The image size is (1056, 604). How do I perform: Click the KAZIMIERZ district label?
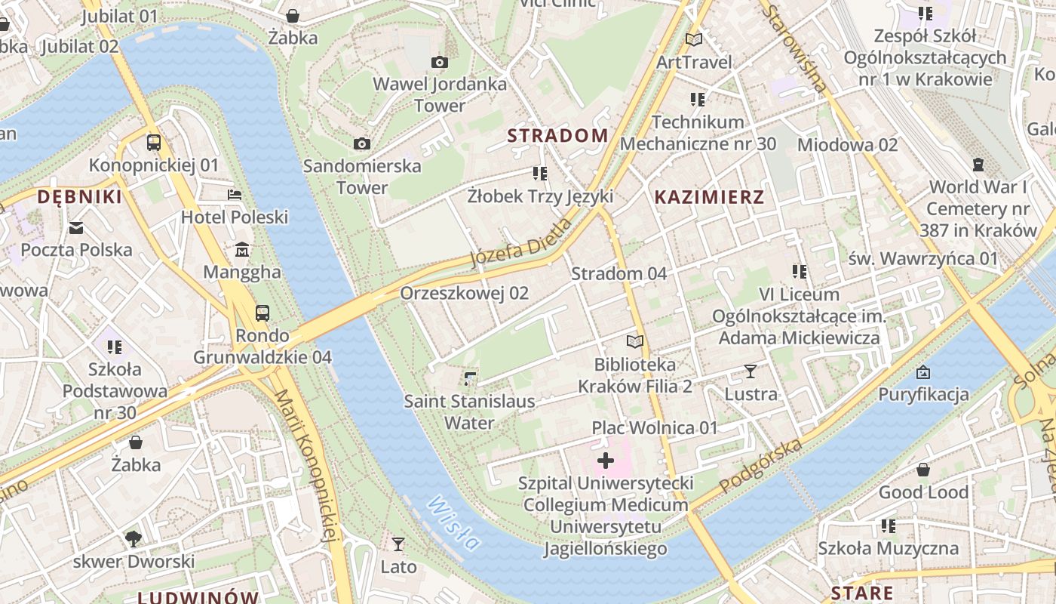click(x=709, y=198)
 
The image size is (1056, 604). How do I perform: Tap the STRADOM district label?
click(x=557, y=136)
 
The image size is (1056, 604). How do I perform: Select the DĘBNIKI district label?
click(x=79, y=197)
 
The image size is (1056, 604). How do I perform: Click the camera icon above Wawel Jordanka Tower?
click(x=440, y=62)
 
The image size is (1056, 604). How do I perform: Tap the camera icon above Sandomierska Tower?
click(x=362, y=143)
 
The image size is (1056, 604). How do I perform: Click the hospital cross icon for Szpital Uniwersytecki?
click(x=606, y=460)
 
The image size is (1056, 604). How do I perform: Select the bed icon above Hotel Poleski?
click(x=235, y=195)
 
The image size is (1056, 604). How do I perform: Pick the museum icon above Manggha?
click(x=242, y=250)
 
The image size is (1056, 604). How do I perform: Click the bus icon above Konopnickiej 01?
click(x=154, y=142)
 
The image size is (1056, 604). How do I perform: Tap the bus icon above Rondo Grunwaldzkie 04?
click(x=262, y=313)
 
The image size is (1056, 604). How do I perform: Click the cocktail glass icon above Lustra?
click(x=751, y=371)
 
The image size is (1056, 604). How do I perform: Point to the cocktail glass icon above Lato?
click(x=398, y=544)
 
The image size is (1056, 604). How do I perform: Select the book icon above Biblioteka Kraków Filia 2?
click(x=635, y=342)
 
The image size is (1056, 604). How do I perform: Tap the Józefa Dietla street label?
click(x=521, y=243)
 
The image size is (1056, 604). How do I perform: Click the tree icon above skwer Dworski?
click(x=134, y=538)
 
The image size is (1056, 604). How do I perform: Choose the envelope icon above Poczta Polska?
click(x=76, y=227)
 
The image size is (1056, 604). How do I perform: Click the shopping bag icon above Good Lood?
click(x=923, y=470)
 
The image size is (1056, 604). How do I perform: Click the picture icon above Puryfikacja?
click(x=923, y=371)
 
